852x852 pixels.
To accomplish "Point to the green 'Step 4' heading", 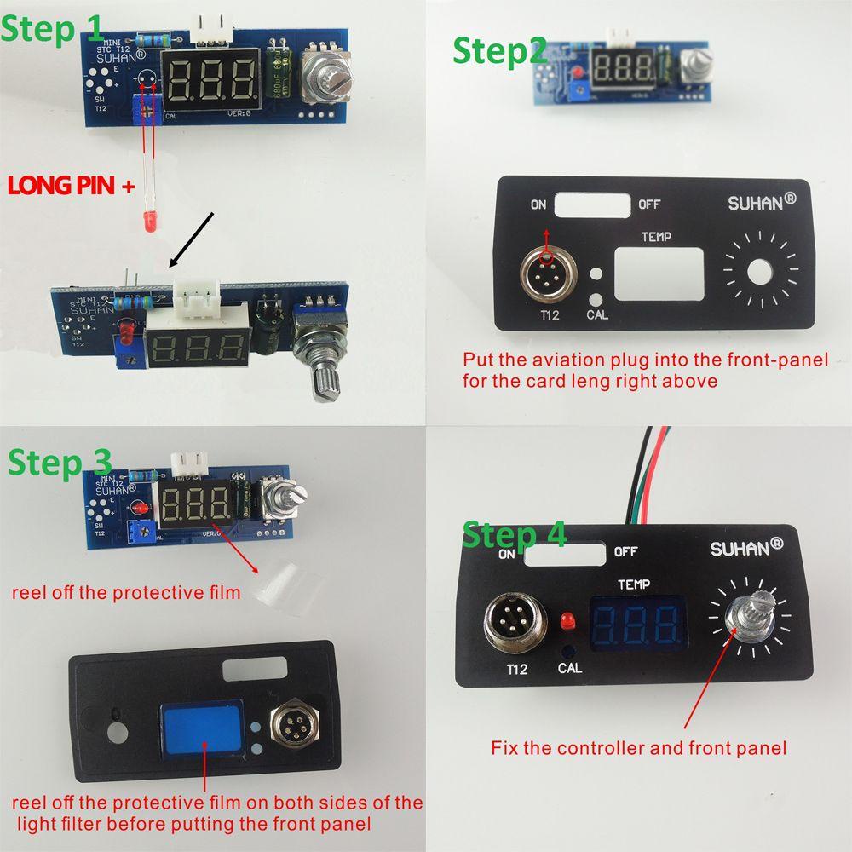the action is pyautogui.click(x=514, y=536).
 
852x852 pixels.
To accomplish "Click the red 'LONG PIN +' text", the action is pyautogui.click(x=71, y=186).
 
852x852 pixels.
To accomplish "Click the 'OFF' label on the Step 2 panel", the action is pyautogui.click(x=649, y=204).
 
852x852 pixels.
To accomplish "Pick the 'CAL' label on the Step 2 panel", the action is pyautogui.click(x=597, y=314).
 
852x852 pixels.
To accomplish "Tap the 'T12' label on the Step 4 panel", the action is pyautogui.click(x=517, y=670).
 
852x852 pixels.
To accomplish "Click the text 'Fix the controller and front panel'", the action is pyautogui.click(x=638, y=749).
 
